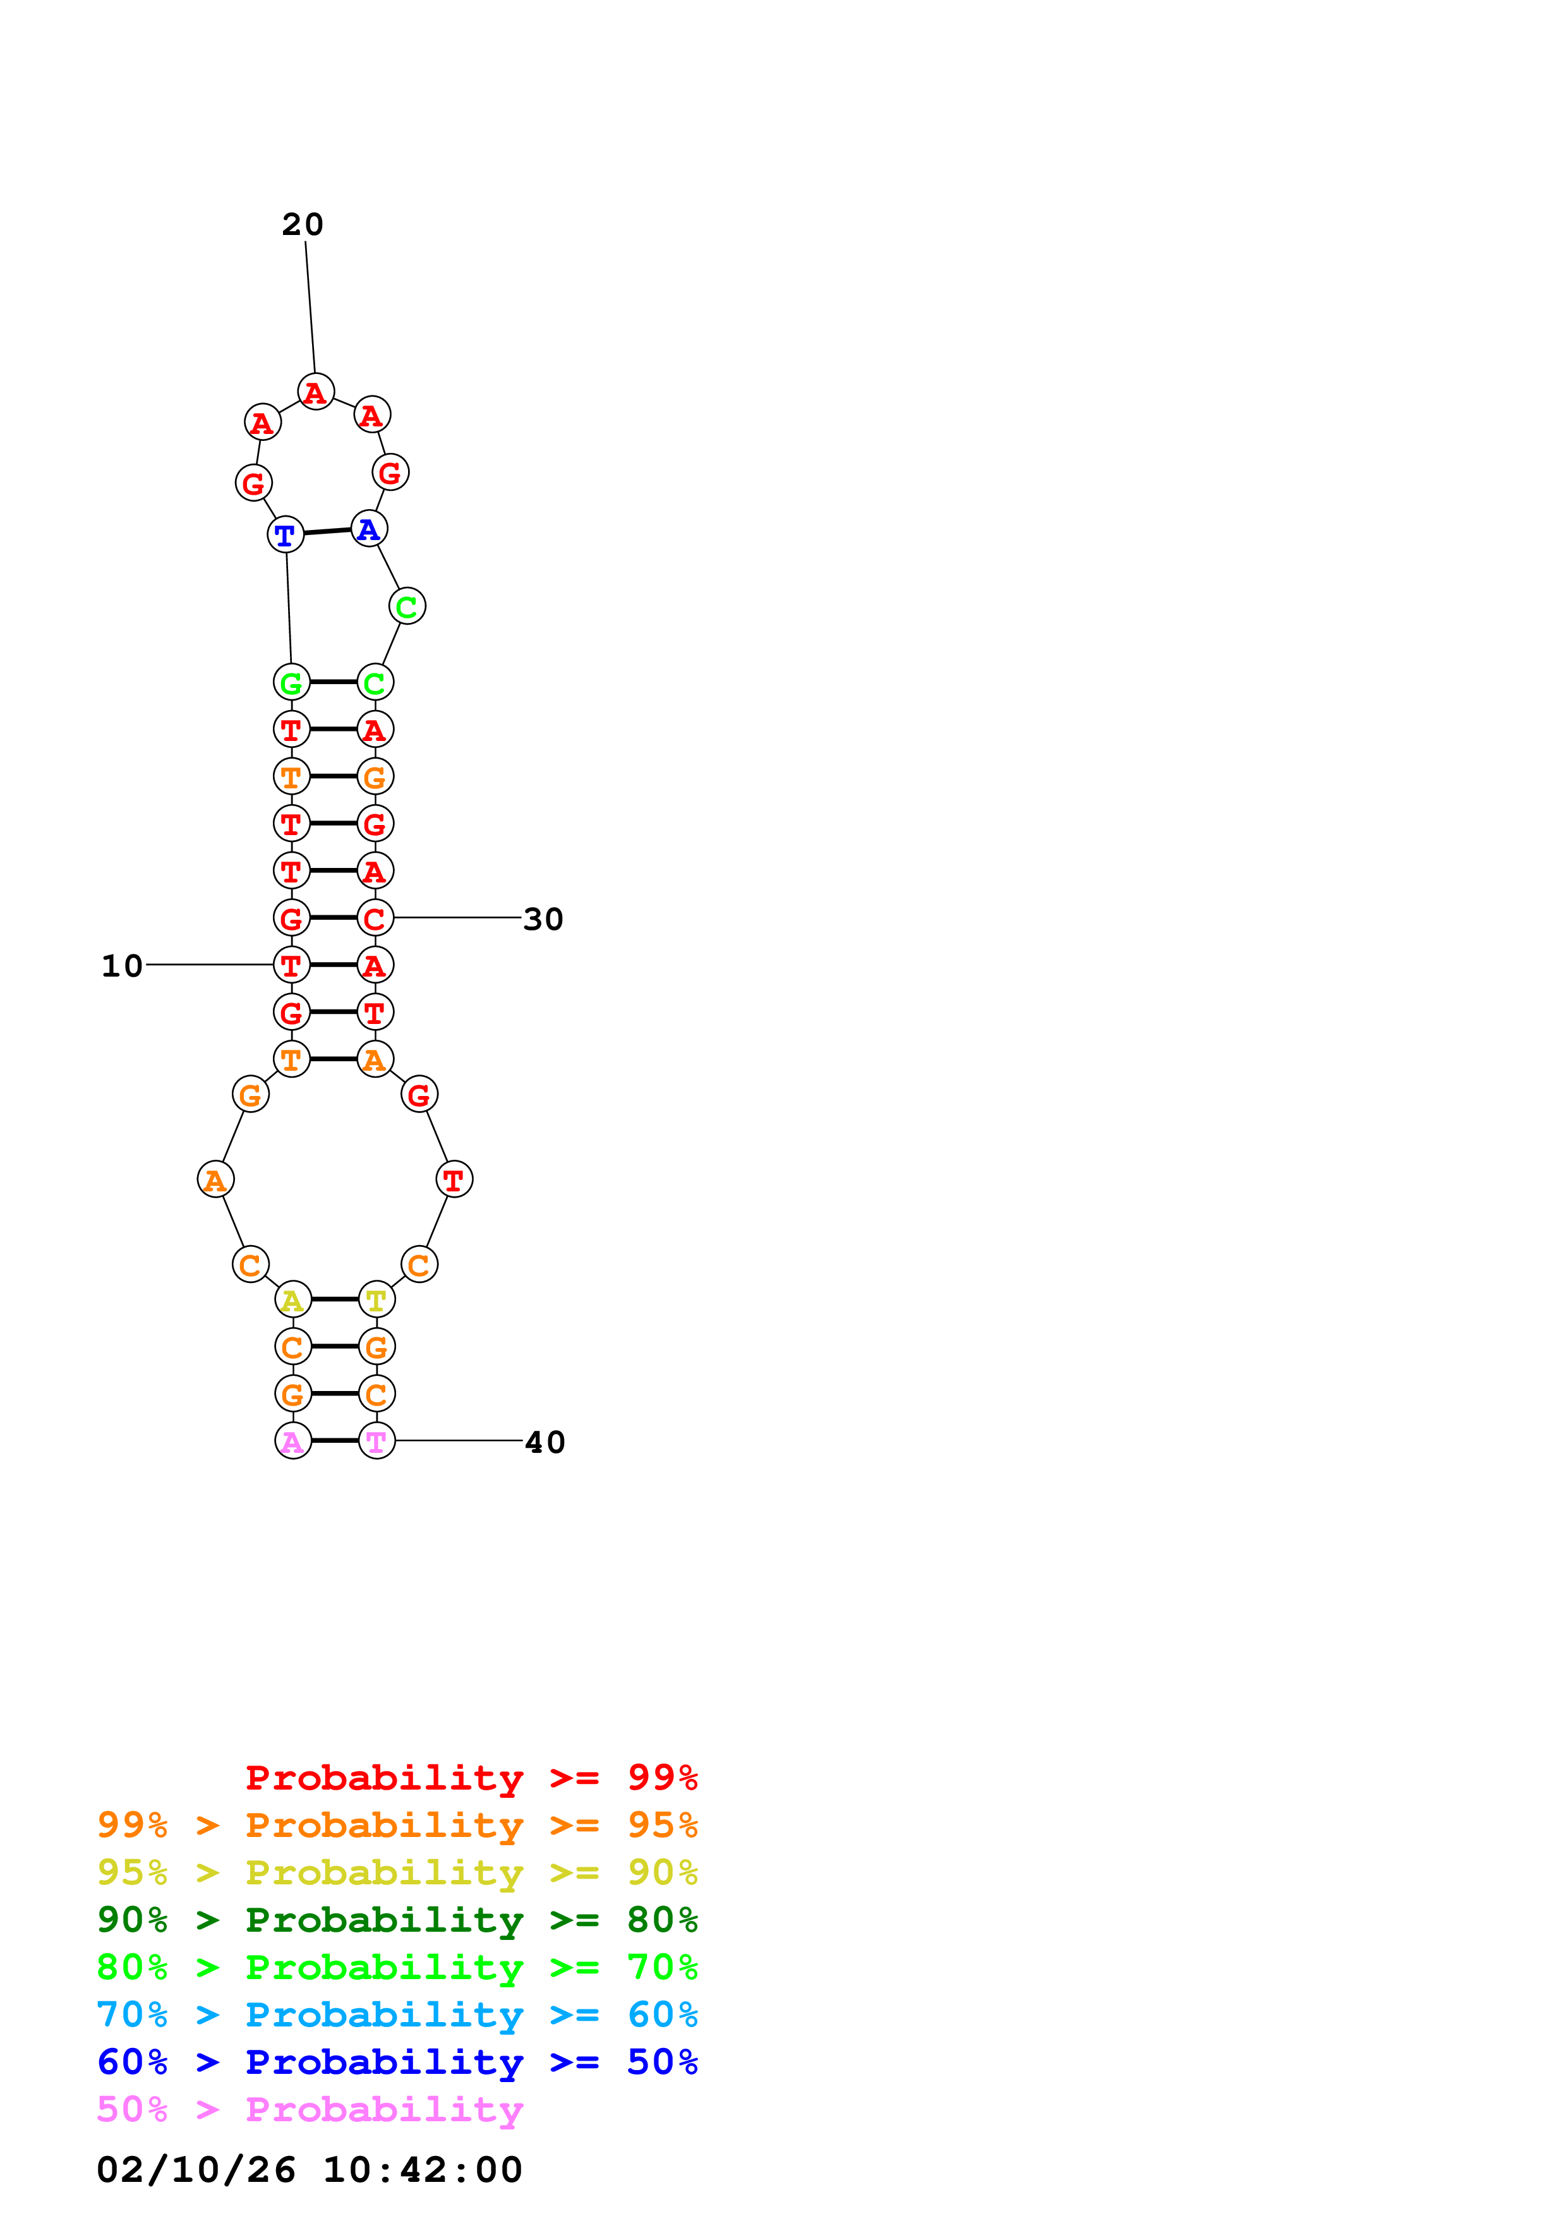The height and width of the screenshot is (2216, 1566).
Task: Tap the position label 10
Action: click(x=123, y=966)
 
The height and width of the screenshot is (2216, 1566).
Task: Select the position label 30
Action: click(x=543, y=920)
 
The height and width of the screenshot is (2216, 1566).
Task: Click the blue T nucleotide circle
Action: click(x=286, y=534)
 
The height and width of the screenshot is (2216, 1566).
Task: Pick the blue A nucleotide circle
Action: click(x=368, y=529)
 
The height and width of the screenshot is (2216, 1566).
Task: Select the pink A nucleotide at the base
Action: click(x=293, y=1441)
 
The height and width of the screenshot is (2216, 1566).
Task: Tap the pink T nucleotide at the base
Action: click(x=377, y=1441)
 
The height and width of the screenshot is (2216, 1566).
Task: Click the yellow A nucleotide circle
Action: click(x=293, y=1300)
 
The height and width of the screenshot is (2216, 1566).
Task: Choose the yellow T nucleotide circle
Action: click(x=377, y=1300)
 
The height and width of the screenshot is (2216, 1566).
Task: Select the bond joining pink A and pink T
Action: click(x=335, y=1441)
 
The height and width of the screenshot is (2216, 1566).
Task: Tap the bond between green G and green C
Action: click(x=333, y=682)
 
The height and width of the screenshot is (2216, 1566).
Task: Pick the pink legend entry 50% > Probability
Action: click(x=310, y=2110)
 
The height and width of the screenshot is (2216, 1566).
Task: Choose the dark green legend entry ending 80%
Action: click(x=397, y=1920)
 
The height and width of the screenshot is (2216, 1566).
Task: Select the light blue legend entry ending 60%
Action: click(x=397, y=2014)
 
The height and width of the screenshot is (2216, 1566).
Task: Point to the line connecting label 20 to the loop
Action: click(x=310, y=307)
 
